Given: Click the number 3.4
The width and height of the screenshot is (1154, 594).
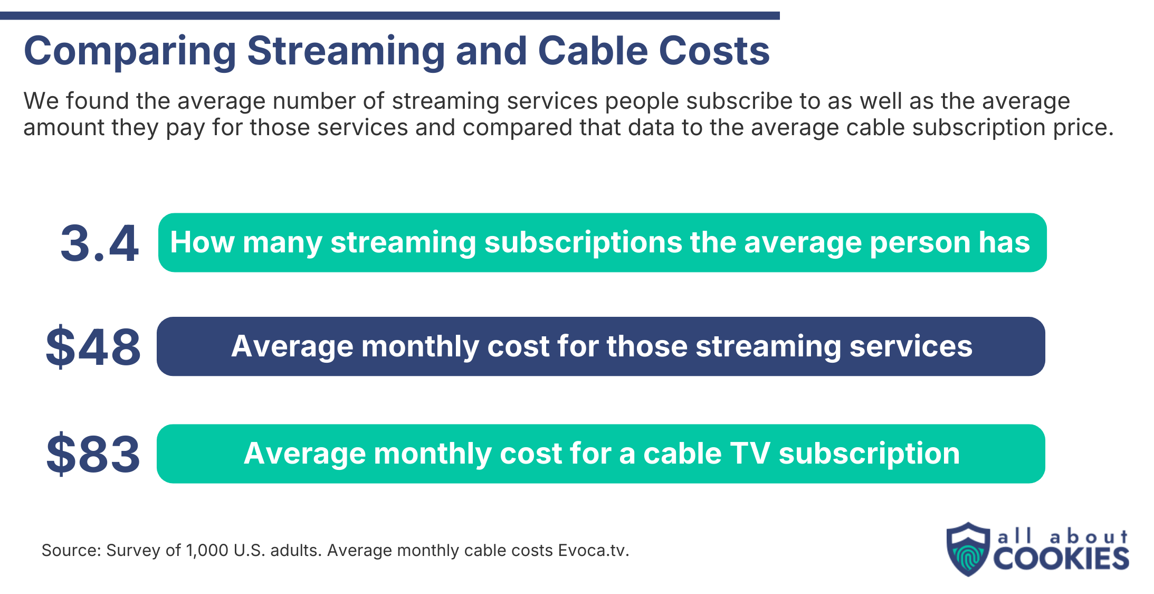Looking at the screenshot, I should pyautogui.click(x=99, y=243).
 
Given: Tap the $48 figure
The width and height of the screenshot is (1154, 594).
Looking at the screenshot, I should pyautogui.click(x=93, y=347).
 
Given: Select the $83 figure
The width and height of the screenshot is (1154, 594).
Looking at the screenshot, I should pyautogui.click(x=93, y=454).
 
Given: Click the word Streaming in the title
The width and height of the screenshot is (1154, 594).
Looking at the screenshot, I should pyautogui.click(x=346, y=51).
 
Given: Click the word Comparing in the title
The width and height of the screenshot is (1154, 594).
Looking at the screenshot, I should pyautogui.click(x=130, y=51).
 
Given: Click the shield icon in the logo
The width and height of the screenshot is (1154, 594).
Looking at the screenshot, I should pyautogui.click(x=967, y=549).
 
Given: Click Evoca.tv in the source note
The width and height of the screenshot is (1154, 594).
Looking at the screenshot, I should pyautogui.click(x=593, y=550).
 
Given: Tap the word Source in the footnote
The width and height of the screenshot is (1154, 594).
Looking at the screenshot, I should pyautogui.click(x=70, y=550).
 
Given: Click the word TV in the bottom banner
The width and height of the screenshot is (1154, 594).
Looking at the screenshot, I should pyautogui.click(x=749, y=454).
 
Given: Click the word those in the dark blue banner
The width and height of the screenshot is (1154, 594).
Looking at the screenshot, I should pyautogui.click(x=646, y=346).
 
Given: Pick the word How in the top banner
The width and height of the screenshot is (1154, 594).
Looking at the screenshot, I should pyautogui.click(x=202, y=242).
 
